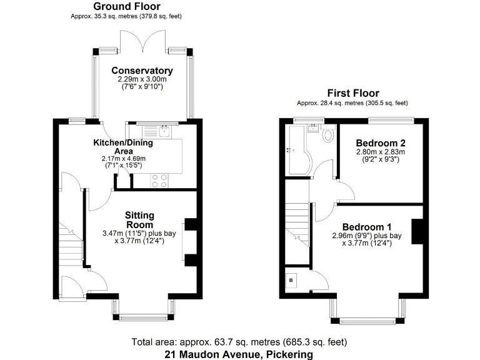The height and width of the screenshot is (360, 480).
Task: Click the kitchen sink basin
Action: pyautogui.click(x=164, y=132)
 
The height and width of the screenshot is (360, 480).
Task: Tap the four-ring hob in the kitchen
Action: pyautogui.click(x=159, y=180)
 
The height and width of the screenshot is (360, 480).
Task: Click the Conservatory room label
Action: pyautogui.click(x=142, y=71)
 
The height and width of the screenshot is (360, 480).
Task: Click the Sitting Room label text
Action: pyautogui.click(x=140, y=220)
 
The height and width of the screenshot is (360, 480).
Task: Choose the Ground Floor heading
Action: pyautogui.click(x=127, y=6)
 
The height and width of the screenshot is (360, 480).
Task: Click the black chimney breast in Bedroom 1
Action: pyautogui.click(x=417, y=229)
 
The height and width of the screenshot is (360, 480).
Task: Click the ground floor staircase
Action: pyautogui.click(x=71, y=240)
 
